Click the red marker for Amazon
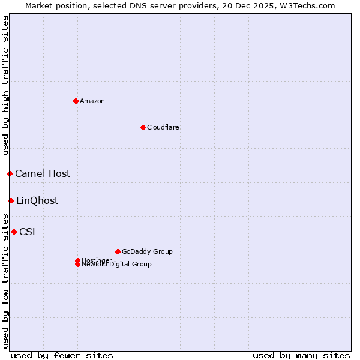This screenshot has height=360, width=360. click(76, 101)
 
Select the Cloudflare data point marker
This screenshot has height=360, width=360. click(143, 127)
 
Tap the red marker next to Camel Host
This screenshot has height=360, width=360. click(10, 173)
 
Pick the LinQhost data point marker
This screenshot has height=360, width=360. click(11, 200)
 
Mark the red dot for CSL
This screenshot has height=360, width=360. click(14, 232)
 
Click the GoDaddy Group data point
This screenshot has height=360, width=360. click(118, 251)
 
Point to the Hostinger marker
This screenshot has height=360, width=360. click(77, 260)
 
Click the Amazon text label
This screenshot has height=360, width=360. click(92, 101)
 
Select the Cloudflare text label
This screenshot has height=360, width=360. click(163, 127)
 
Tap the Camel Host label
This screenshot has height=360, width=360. click(43, 174)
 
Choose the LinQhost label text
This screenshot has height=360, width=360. click(37, 201)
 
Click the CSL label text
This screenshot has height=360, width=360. click(28, 232)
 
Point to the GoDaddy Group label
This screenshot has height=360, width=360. click(147, 251)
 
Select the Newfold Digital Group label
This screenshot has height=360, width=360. click(117, 265)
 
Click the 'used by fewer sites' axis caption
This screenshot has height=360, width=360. click(62, 355)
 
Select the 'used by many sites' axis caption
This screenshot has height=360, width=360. click(301, 355)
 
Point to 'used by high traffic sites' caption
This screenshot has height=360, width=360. click(5, 85)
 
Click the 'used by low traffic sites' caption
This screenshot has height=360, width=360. click(5, 281)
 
